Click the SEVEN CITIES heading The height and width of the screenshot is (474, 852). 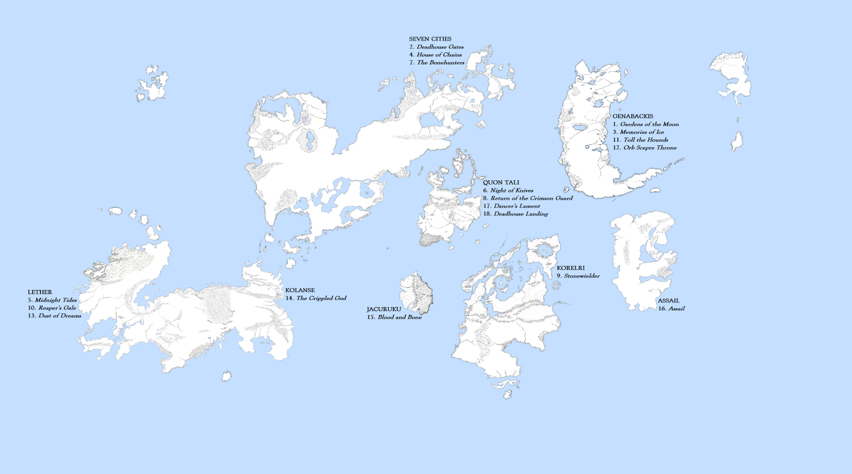(430, 39)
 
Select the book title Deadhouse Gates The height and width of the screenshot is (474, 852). (440, 47)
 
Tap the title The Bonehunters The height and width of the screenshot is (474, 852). (440, 62)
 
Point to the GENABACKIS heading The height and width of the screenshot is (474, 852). (633, 116)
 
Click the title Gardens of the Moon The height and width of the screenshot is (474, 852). (649, 124)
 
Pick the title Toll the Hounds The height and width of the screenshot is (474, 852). (645, 140)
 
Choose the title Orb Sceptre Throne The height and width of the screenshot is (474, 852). (650, 148)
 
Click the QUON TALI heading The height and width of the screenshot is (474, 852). (501, 182)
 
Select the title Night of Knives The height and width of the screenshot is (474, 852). (511, 190)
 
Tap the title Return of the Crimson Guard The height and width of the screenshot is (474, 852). (531, 198)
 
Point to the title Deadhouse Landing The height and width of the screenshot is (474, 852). (520, 214)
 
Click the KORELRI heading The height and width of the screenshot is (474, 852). (570, 268)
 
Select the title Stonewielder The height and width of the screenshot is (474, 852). (581, 276)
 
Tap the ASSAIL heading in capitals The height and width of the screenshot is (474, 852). (668, 301)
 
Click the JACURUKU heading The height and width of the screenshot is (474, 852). (383, 309)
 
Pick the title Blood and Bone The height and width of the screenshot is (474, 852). (399, 317)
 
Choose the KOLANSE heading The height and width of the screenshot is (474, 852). (300, 290)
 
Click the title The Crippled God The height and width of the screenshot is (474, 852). (321, 298)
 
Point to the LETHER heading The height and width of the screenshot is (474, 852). (40, 292)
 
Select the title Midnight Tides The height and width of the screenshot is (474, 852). (56, 300)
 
